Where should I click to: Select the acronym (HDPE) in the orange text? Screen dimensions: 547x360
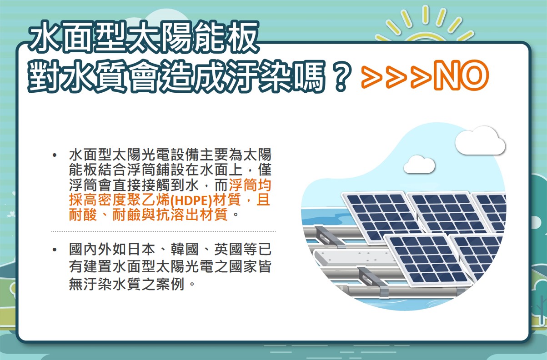(x=191, y=200)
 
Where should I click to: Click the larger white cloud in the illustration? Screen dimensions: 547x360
(x=480, y=141)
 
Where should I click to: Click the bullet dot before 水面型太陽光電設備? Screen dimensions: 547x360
(x=55, y=155)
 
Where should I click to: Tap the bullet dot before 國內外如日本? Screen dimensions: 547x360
(x=55, y=250)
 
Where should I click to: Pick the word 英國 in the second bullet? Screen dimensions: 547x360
(x=228, y=250)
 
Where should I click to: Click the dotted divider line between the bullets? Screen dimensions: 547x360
(x=163, y=231)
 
